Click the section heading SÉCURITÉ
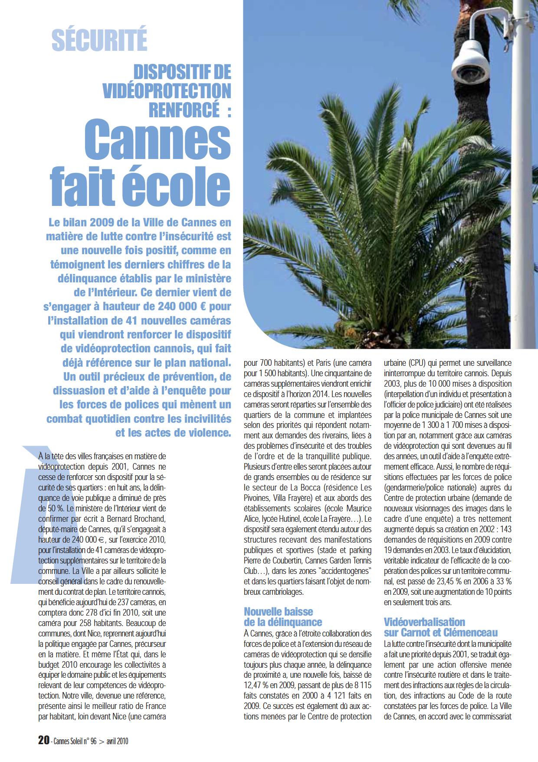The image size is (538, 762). pos(99,40)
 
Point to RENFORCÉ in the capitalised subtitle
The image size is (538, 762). pos(184,109)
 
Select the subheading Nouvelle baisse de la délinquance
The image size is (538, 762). pos(282,617)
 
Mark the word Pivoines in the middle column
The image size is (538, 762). pos(258,498)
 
